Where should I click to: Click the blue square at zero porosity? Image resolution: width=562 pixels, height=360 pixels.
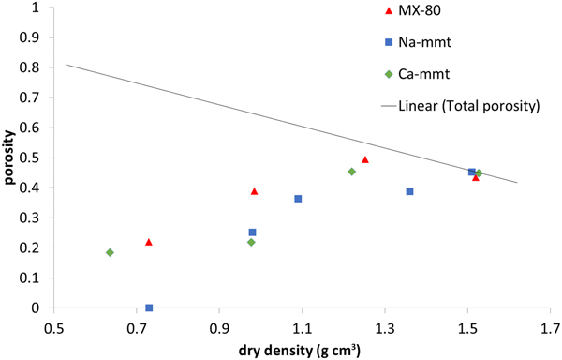coord(149,307)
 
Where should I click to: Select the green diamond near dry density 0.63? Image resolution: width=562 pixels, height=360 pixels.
coord(110,252)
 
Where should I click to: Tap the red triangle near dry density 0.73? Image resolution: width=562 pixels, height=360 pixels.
coord(149,242)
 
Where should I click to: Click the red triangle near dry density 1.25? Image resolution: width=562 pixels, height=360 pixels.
coord(364,159)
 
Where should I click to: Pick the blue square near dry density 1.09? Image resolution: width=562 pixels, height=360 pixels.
coord(298,199)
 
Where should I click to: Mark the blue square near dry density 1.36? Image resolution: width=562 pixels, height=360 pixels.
coord(409,191)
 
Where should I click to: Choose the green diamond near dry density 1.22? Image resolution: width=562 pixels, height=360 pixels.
coord(351,172)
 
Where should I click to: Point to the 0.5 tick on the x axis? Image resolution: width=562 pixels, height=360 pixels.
coord(54,327)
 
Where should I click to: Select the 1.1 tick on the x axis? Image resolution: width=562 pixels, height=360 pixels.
coord(302,327)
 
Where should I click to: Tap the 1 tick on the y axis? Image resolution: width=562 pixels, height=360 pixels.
coord(35,7)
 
